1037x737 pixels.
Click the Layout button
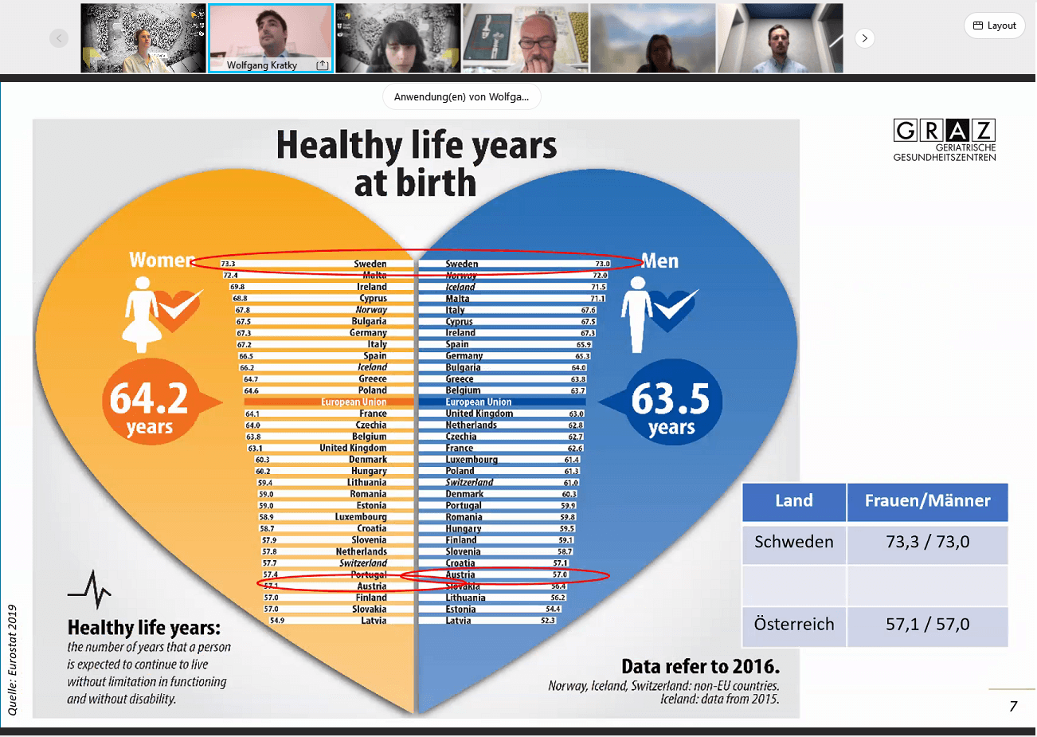[994, 25]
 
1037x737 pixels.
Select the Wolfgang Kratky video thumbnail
[271, 38]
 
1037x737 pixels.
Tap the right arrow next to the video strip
[864, 38]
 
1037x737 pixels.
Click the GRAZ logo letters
[945, 130]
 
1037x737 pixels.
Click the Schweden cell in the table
[793, 543]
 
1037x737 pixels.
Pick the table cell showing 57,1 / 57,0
[927, 625]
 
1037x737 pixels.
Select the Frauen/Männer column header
[927, 501]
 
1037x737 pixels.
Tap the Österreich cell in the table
[793, 625]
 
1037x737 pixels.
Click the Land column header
[793, 501]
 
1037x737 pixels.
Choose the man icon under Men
[637, 315]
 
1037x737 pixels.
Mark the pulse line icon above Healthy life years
[90, 590]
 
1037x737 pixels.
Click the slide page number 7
[1013, 706]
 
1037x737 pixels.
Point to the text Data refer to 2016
[700, 666]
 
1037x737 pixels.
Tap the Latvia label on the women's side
[373, 621]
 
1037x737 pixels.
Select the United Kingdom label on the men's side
[479, 414]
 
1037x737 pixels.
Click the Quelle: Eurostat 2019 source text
[12, 660]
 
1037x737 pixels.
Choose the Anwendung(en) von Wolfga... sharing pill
[461, 97]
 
